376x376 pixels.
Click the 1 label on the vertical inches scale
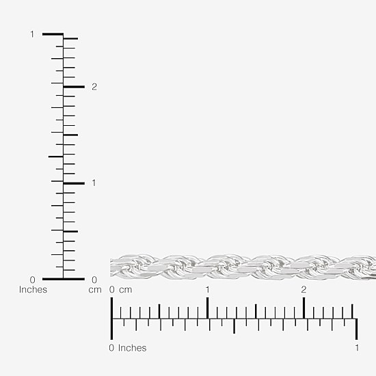(x=32, y=34)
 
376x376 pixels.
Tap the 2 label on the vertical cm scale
(x=94, y=87)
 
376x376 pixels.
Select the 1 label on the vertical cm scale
(x=94, y=183)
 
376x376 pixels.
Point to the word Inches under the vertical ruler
(x=33, y=289)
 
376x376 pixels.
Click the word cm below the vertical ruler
(x=95, y=290)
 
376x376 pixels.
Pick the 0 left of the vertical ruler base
(x=33, y=280)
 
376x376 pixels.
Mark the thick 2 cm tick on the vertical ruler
(x=74, y=87)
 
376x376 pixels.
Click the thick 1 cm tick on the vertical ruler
(x=74, y=183)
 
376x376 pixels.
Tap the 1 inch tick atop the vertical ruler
(x=53, y=34)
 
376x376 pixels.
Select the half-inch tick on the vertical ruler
(x=56, y=157)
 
